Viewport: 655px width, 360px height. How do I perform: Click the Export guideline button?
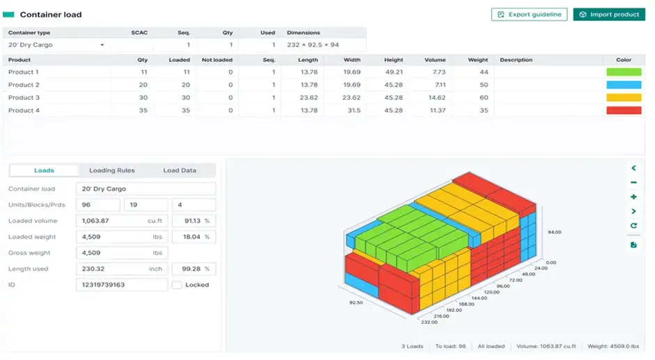[529, 15]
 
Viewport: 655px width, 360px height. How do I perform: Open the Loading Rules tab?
[112, 171]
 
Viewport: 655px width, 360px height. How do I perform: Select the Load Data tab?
[180, 171]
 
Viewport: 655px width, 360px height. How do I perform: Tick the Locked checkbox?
[177, 285]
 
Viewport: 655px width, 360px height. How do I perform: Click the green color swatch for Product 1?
[623, 72]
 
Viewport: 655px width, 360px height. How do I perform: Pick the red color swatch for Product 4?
[623, 111]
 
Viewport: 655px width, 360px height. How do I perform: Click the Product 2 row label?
[24, 85]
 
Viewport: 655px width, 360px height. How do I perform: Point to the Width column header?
[352, 60]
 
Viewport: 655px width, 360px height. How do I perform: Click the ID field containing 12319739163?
[121, 285]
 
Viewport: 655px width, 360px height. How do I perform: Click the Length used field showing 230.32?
[121, 269]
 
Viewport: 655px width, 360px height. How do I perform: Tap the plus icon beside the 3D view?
[633, 197]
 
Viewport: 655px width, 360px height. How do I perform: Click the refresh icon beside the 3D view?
[633, 226]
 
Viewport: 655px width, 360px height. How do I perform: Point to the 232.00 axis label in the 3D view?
[429, 322]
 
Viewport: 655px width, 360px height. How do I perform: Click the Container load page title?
[50, 15]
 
